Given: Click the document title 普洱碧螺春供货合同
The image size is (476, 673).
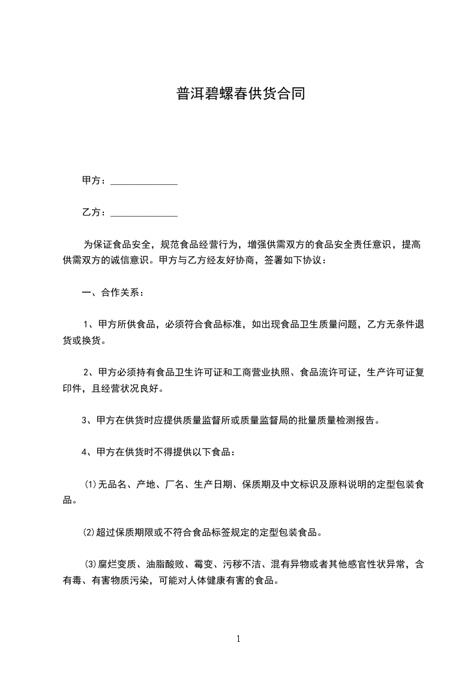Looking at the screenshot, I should [240, 94].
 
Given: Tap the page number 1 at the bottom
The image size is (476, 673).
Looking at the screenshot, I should [238, 638].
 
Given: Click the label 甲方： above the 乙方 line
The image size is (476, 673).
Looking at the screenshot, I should [94, 181].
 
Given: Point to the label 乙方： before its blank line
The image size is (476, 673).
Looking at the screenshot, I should [94, 212].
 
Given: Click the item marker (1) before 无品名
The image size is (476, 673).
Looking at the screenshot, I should [91, 484].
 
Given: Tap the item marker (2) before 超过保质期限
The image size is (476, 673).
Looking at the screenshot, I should [91, 532].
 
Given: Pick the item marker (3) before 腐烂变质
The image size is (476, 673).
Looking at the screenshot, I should [91, 564].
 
